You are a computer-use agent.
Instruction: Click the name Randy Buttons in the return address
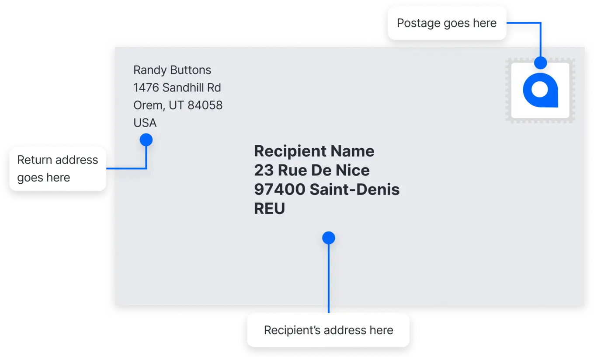(172, 70)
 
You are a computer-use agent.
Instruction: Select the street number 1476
(146, 87)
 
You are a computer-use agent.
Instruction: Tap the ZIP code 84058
(205, 105)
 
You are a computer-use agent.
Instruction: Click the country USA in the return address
(145, 123)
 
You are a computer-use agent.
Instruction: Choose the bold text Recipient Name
(314, 151)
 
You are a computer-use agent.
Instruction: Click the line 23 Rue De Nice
(312, 170)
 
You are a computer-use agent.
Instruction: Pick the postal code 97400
(280, 189)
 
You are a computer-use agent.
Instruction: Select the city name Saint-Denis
(354, 189)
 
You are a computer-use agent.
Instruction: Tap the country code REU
(269, 209)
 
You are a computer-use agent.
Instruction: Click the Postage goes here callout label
(447, 23)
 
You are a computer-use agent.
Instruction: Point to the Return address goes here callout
(58, 169)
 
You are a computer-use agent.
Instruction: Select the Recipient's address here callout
(328, 330)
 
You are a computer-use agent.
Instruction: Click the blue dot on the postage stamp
(540, 63)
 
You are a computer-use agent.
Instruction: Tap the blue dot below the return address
(146, 140)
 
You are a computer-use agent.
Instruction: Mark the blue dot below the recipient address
(329, 238)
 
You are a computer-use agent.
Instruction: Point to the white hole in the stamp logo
(540, 90)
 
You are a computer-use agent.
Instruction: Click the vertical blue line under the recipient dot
(329, 279)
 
